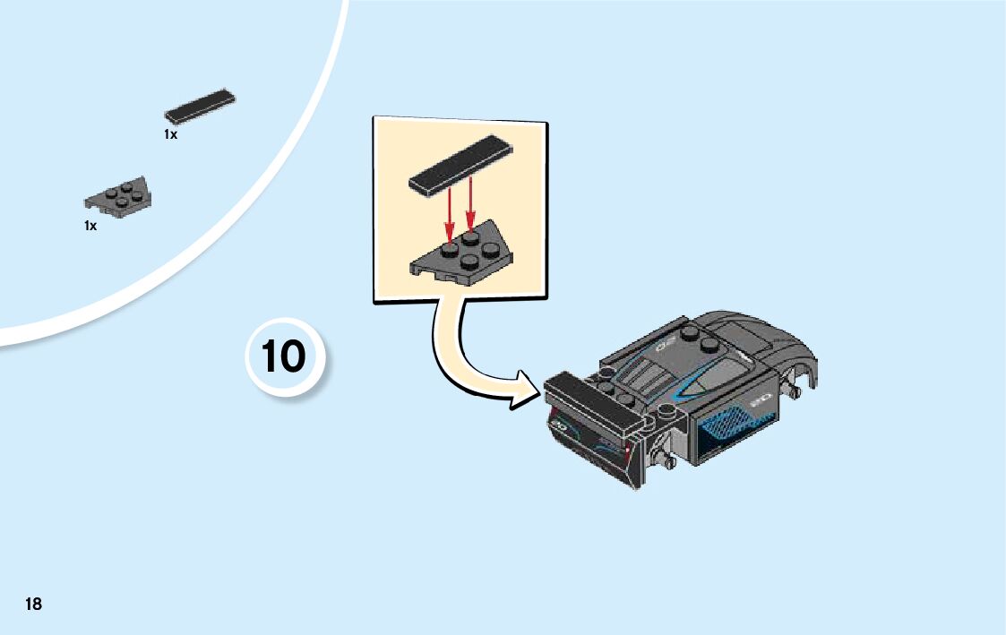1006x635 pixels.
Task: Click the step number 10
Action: [284, 356]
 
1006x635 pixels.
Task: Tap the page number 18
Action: [33, 604]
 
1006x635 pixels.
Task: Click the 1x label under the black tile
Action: [170, 134]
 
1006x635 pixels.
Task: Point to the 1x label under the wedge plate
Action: [90, 227]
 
